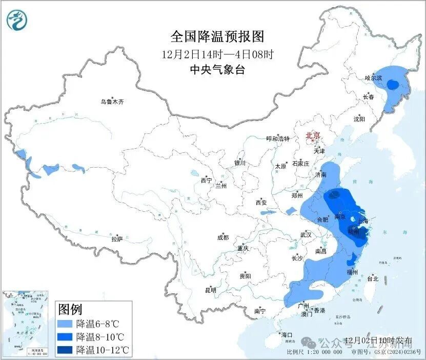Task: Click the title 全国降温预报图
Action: (x=217, y=36)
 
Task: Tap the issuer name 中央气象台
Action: (x=217, y=70)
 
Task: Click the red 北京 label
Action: (x=313, y=135)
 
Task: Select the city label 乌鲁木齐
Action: (x=112, y=102)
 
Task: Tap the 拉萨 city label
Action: (x=117, y=238)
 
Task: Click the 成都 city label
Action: (x=223, y=237)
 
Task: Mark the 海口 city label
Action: (x=287, y=335)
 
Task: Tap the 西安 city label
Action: (x=260, y=203)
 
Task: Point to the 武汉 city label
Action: (x=306, y=235)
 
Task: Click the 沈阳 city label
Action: (x=359, y=119)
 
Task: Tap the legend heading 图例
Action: (x=70, y=309)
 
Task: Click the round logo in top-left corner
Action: (x=17, y=20)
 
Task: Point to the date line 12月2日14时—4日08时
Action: (x=217, y=53)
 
